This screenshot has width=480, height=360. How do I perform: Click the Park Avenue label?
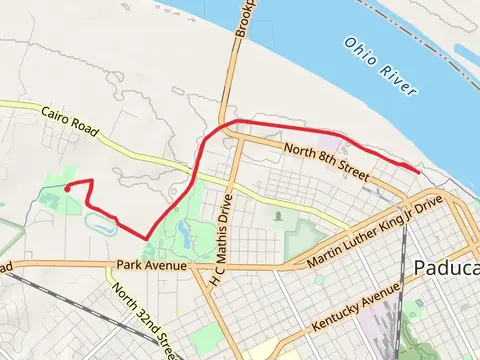pos(151,266)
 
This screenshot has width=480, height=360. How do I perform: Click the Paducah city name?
pos(445,268)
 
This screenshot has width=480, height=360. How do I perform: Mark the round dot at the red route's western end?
pos(66,187)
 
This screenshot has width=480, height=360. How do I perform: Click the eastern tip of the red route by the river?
pos(416,171)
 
